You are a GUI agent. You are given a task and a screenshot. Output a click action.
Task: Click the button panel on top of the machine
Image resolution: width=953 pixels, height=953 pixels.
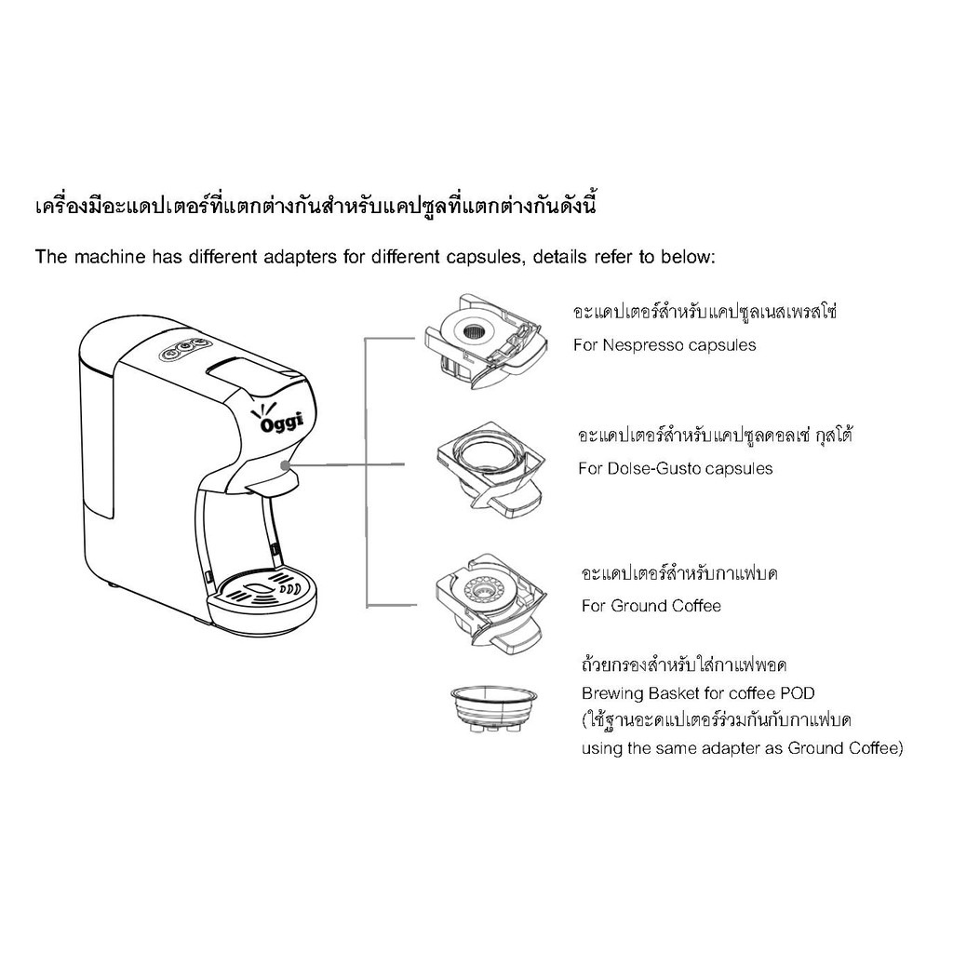point(184,350)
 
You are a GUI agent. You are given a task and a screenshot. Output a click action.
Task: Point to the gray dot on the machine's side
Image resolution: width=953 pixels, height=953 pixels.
point(285,465)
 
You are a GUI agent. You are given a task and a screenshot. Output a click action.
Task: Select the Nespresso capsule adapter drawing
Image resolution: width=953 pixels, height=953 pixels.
point(485,341)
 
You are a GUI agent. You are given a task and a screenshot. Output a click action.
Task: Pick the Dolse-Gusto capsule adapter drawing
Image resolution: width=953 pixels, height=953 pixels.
point(490,470)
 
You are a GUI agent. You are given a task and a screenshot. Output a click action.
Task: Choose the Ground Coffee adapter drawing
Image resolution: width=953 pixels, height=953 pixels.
point(490,603)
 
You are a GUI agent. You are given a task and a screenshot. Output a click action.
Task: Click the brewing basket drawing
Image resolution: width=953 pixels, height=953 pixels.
point(493,711)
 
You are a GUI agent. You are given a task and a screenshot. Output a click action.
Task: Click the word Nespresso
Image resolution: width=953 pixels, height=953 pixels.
point(643,345)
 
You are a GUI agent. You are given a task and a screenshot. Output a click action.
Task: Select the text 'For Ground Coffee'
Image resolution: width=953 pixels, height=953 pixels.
point(651,606)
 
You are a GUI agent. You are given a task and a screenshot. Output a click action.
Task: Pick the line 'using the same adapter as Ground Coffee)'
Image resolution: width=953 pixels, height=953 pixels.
point(742,748)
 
